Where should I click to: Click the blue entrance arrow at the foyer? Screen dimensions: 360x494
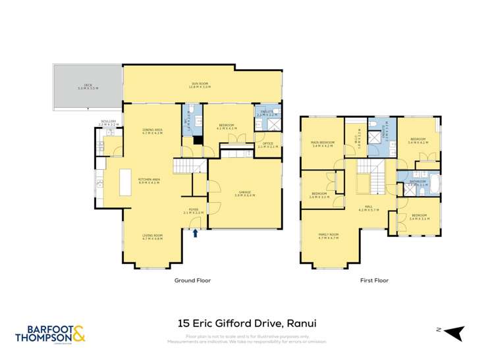coord(195,232)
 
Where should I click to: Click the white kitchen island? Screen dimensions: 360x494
coord(124,182)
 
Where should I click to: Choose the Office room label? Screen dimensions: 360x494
coord(267,144)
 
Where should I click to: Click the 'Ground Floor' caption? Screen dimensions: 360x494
coord(192,280)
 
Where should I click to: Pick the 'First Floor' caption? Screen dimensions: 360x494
coord(374,280)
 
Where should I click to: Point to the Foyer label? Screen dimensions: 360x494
coord(193,211)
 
